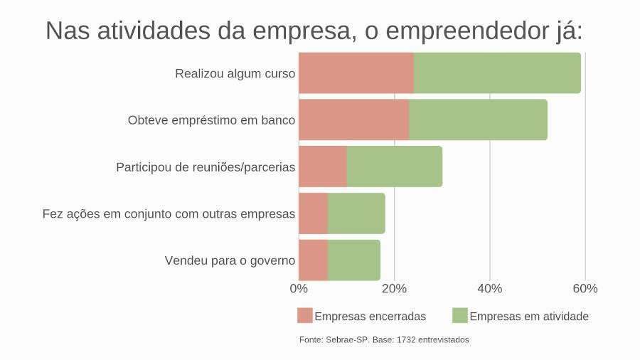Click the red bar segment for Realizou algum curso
[356, 73]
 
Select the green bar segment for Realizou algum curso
[497, 73]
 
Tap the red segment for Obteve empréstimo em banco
[353, 120]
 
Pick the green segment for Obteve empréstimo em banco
[478, 120]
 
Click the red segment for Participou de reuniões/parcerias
[323, 166]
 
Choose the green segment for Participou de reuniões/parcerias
[395, 166]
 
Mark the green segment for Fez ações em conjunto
[356, 213]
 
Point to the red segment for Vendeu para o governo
[313, 260]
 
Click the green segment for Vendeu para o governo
[354, 260]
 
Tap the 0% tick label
[299, 288]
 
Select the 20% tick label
[394, 288]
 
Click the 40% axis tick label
[489, 288]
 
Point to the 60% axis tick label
[585, 288]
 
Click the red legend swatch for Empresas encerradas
[305, 315]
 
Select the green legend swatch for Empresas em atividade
[459, 315]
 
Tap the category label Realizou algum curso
[235, 73]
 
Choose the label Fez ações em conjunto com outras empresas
[169, 213]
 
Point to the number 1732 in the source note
[405, 340]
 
